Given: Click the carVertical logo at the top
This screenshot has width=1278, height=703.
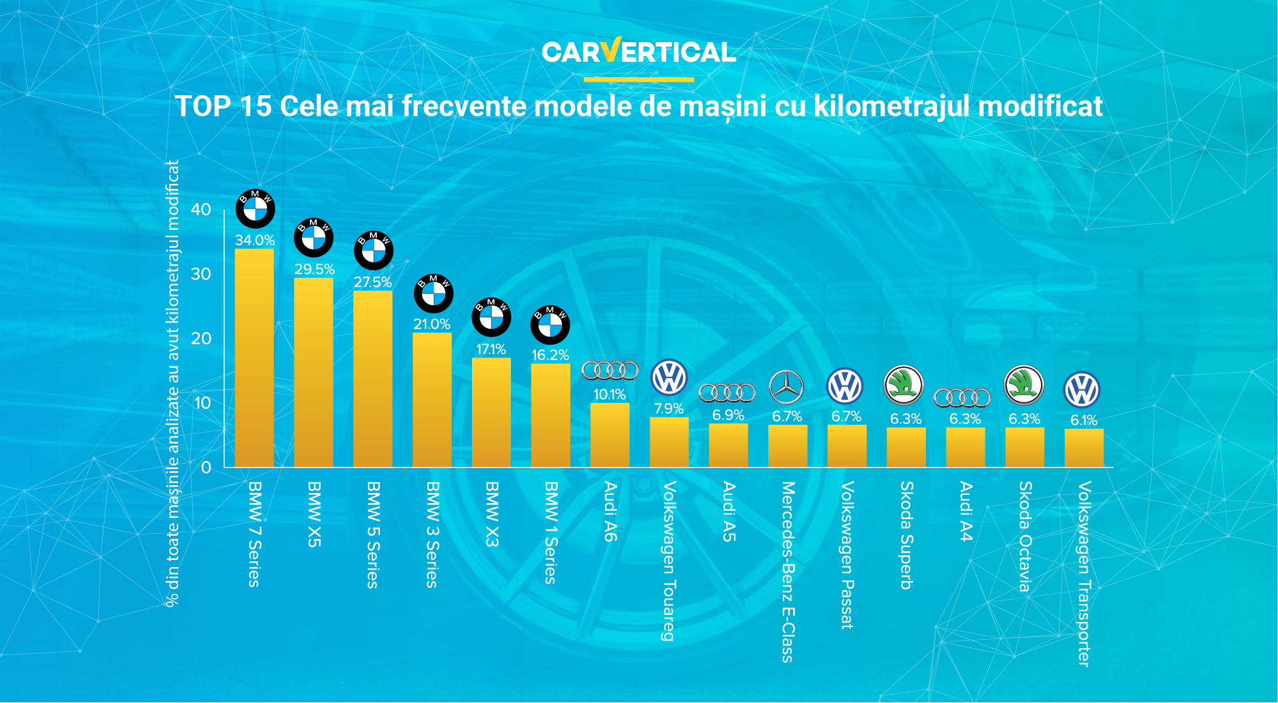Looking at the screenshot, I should pyautogui.click(x=639, y=52).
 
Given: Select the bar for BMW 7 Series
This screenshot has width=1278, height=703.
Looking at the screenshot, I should pyautogui.click(x=254, y=358).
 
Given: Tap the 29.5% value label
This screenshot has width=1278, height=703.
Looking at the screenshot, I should pyautogui.click(x=314, y=269).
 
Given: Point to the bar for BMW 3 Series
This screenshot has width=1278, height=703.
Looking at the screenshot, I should pyautogui.click(x=432, y=400).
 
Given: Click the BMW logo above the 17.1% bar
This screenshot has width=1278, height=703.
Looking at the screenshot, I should pyautogui.click(x=491, y=317).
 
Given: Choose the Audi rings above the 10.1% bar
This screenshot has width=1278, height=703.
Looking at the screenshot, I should pyautogui.click(x=610, y=370).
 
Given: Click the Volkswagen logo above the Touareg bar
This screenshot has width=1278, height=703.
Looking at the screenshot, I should pyautogui.click(x=669, y=377).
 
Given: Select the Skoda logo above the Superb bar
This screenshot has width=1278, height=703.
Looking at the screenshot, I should pyautogui.click(x=904, y=385).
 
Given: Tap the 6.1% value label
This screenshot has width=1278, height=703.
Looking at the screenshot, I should pyautogui.click(x=1084, y=420).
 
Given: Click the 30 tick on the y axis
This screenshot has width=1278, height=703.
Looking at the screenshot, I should pyautogui.click(x=201, y=274).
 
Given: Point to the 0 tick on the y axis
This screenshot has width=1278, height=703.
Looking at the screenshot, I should pyautogui.click(x=206, y=467).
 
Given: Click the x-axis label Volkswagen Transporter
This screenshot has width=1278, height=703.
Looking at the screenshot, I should pyautogui.click(x=1084, y=574).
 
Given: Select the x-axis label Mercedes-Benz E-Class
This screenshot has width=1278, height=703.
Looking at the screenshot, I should pyautogui.click(x=787, y=571).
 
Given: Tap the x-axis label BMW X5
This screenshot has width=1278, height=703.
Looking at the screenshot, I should pyautogui.click(x=314, y=514).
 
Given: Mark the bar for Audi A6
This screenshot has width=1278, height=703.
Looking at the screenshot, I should pyautogui.click(x=609, y=435).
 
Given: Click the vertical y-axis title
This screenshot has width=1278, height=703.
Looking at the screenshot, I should pyautogui.click(x=172, y=383).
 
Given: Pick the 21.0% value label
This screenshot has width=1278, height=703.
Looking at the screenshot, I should pyautogui.click(x=432, y=324).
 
